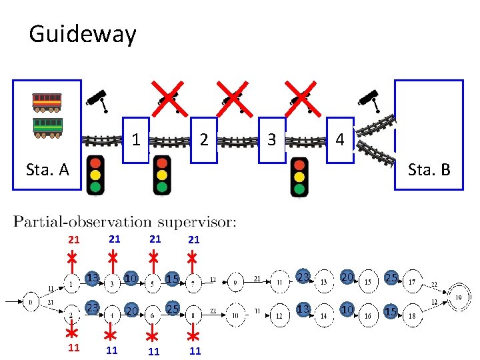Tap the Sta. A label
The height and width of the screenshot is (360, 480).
[x=47, y=169]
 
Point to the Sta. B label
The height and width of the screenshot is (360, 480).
[x=429, y=169]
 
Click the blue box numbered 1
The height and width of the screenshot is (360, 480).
[x=136, y=140]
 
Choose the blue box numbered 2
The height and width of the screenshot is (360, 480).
[x=204, y=140]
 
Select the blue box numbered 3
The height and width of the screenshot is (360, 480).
[x=271, y=140]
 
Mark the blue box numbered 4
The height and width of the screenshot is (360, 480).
[x=340, y=140]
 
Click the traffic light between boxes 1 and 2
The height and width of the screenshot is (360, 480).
[x=162, y=176]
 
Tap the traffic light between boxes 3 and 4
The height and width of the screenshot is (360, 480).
[x=300, y=177]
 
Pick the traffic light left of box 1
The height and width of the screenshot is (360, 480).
[x=96, y=176]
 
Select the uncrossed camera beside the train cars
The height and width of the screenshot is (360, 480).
[x=97, y=99]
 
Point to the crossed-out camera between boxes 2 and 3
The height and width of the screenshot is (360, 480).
[x=233, y=99]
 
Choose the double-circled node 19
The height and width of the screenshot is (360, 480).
[x=459, y=296]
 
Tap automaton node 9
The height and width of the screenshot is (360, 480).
[x=236, y=282]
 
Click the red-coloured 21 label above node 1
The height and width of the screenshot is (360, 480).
[x=74, y=239]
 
